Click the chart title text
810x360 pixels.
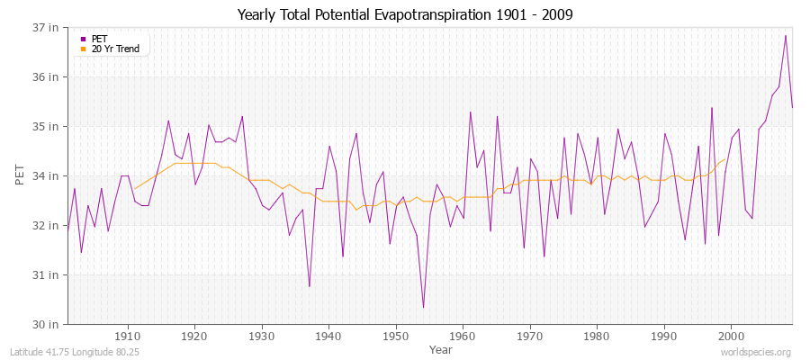(405, 14)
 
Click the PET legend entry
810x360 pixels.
(99, 39)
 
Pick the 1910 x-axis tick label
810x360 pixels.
(128, 336)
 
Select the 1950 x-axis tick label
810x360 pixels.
(395, 336)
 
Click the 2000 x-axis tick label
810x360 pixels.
(730, 336)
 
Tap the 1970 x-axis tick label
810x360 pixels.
(529, 336)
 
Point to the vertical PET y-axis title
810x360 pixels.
(21, 175)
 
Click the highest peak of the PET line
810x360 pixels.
(786, 36)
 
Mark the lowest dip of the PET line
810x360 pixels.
(423, 308)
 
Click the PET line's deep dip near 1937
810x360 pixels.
(309, 286)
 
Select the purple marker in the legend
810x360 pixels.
(84, 39)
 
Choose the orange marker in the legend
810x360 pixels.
(84, 49)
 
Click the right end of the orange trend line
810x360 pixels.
(724, 159)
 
